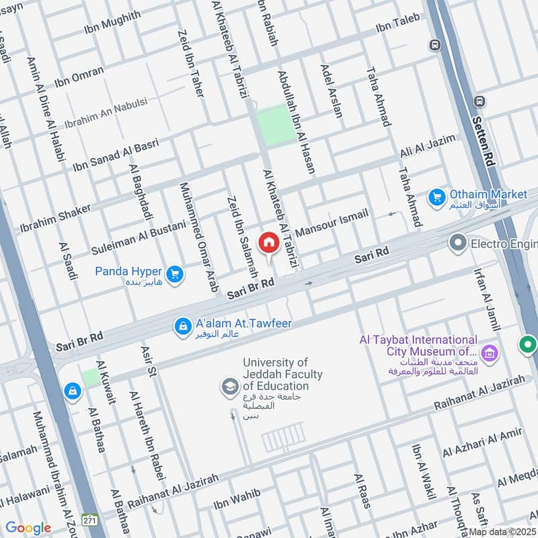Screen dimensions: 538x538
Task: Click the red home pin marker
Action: click(x=268, y=243)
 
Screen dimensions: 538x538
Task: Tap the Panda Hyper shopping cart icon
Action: click(x=175, y=274)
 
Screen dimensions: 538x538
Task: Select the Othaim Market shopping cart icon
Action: click(x=436, y=198)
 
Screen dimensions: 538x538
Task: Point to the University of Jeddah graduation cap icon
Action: click(x=230, y=387)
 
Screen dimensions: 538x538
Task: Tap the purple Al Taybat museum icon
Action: click(x=490, y=352)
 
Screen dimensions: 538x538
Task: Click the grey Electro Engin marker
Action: click(x=458, y=242)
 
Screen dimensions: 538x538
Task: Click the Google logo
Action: click(x=28, y=528)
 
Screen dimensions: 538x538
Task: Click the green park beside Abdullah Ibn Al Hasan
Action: click(x=276, y=125)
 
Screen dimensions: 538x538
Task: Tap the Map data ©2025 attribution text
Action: click(x=502, y=531)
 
